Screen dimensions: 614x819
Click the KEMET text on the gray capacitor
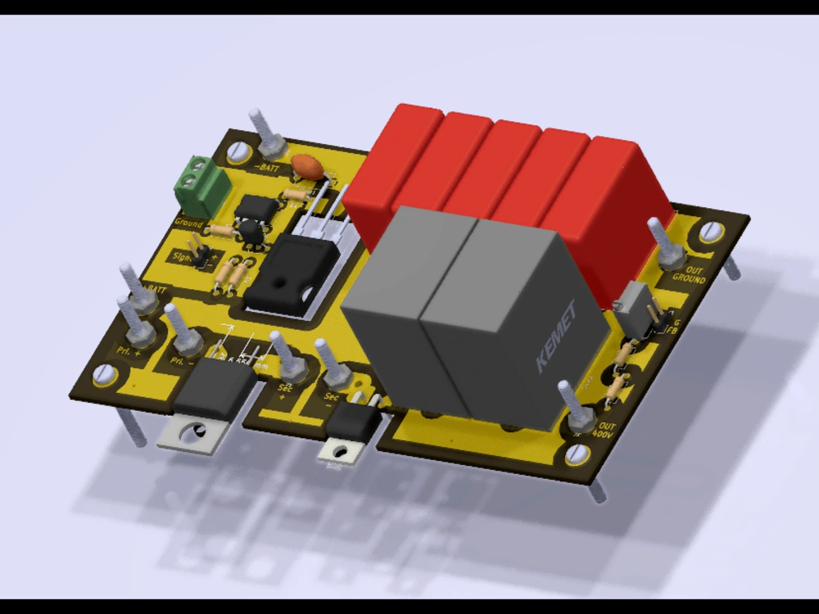pyautogui.click(x=556, y=336)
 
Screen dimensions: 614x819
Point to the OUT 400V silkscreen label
pyautogui.click(x=606, y=431)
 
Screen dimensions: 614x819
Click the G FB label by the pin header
pyautogui.click(x=673, y=326)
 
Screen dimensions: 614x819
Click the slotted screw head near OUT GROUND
pyautogui.click(x=709, y=231)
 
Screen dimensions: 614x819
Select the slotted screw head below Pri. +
pyautogui.click(x=103, y=375)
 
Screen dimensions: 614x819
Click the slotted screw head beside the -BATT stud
pyautogui.click(x=239, y=151)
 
